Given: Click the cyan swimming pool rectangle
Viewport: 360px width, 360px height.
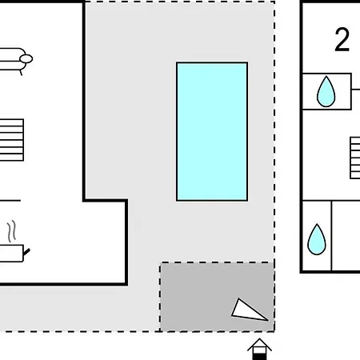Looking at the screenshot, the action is click(212, 131).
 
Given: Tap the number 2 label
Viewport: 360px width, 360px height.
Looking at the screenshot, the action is click(342, 40).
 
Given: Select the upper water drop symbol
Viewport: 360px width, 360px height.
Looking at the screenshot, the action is click(326, 91).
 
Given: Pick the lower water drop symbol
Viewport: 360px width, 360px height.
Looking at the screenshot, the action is click(317, 239).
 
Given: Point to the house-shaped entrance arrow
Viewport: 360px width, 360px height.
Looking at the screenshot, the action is click(259, 349).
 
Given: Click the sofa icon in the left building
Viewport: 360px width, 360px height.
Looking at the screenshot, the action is click(14, 61).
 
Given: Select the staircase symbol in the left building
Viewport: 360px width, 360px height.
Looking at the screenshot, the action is click(12, 140).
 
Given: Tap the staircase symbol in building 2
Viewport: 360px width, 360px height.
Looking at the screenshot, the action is click(355, 158).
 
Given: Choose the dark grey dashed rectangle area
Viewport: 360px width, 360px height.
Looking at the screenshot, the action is click(217, 297).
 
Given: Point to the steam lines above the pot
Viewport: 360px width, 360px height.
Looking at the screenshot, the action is click(11, 231).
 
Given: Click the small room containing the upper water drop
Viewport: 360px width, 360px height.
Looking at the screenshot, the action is click(326, 91).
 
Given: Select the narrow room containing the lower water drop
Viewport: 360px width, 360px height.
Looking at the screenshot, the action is click(317, 236).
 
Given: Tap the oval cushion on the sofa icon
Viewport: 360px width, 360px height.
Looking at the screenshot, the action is click(26, 58).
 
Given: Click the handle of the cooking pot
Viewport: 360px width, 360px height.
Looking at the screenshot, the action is click(26, 252).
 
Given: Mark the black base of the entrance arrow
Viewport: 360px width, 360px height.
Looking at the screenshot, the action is click(259, 357).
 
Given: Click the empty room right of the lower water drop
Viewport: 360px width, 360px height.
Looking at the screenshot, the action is click(346, 236).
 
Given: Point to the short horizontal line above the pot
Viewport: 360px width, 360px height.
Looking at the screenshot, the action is click(10, 200).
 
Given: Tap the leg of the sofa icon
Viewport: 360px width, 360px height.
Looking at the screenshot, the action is click(21, 73).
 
